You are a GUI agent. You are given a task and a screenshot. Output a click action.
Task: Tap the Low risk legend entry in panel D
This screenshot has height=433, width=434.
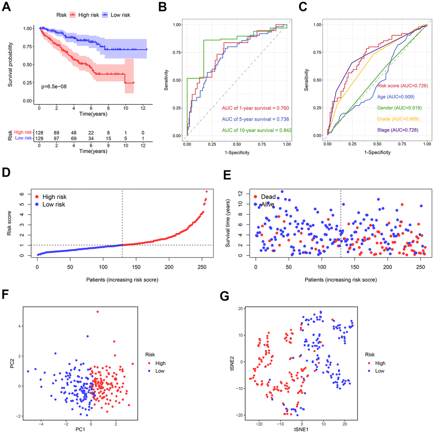51,205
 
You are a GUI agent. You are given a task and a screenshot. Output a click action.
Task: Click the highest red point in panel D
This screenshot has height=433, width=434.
207,192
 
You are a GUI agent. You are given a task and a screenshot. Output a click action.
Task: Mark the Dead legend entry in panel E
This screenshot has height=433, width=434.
266,197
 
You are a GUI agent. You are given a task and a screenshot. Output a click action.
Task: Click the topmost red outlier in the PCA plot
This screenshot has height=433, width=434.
97,312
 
